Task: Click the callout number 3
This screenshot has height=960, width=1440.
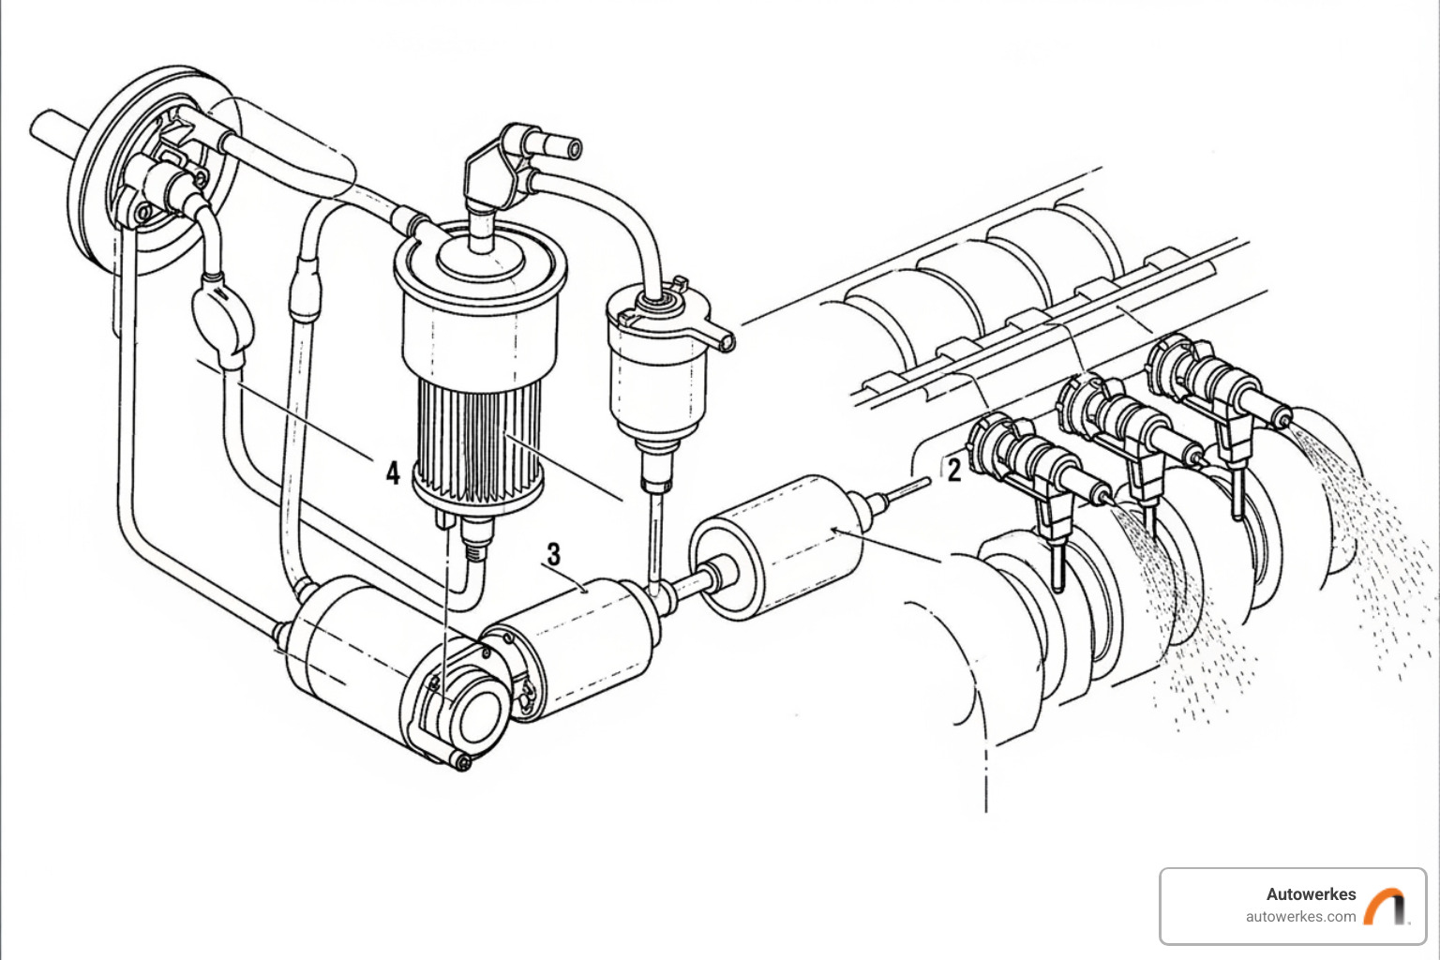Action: (554, 554)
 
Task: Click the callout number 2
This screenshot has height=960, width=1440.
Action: (953, 470)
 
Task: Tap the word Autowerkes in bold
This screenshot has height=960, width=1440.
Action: (1311, 894)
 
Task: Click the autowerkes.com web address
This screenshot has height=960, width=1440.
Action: (1300, 917)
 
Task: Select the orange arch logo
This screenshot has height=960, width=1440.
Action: (1385, 906)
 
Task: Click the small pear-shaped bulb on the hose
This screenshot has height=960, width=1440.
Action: (221, 315)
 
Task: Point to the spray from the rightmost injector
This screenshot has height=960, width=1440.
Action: (1369, 525)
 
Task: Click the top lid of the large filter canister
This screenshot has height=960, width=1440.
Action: (478, 258)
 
